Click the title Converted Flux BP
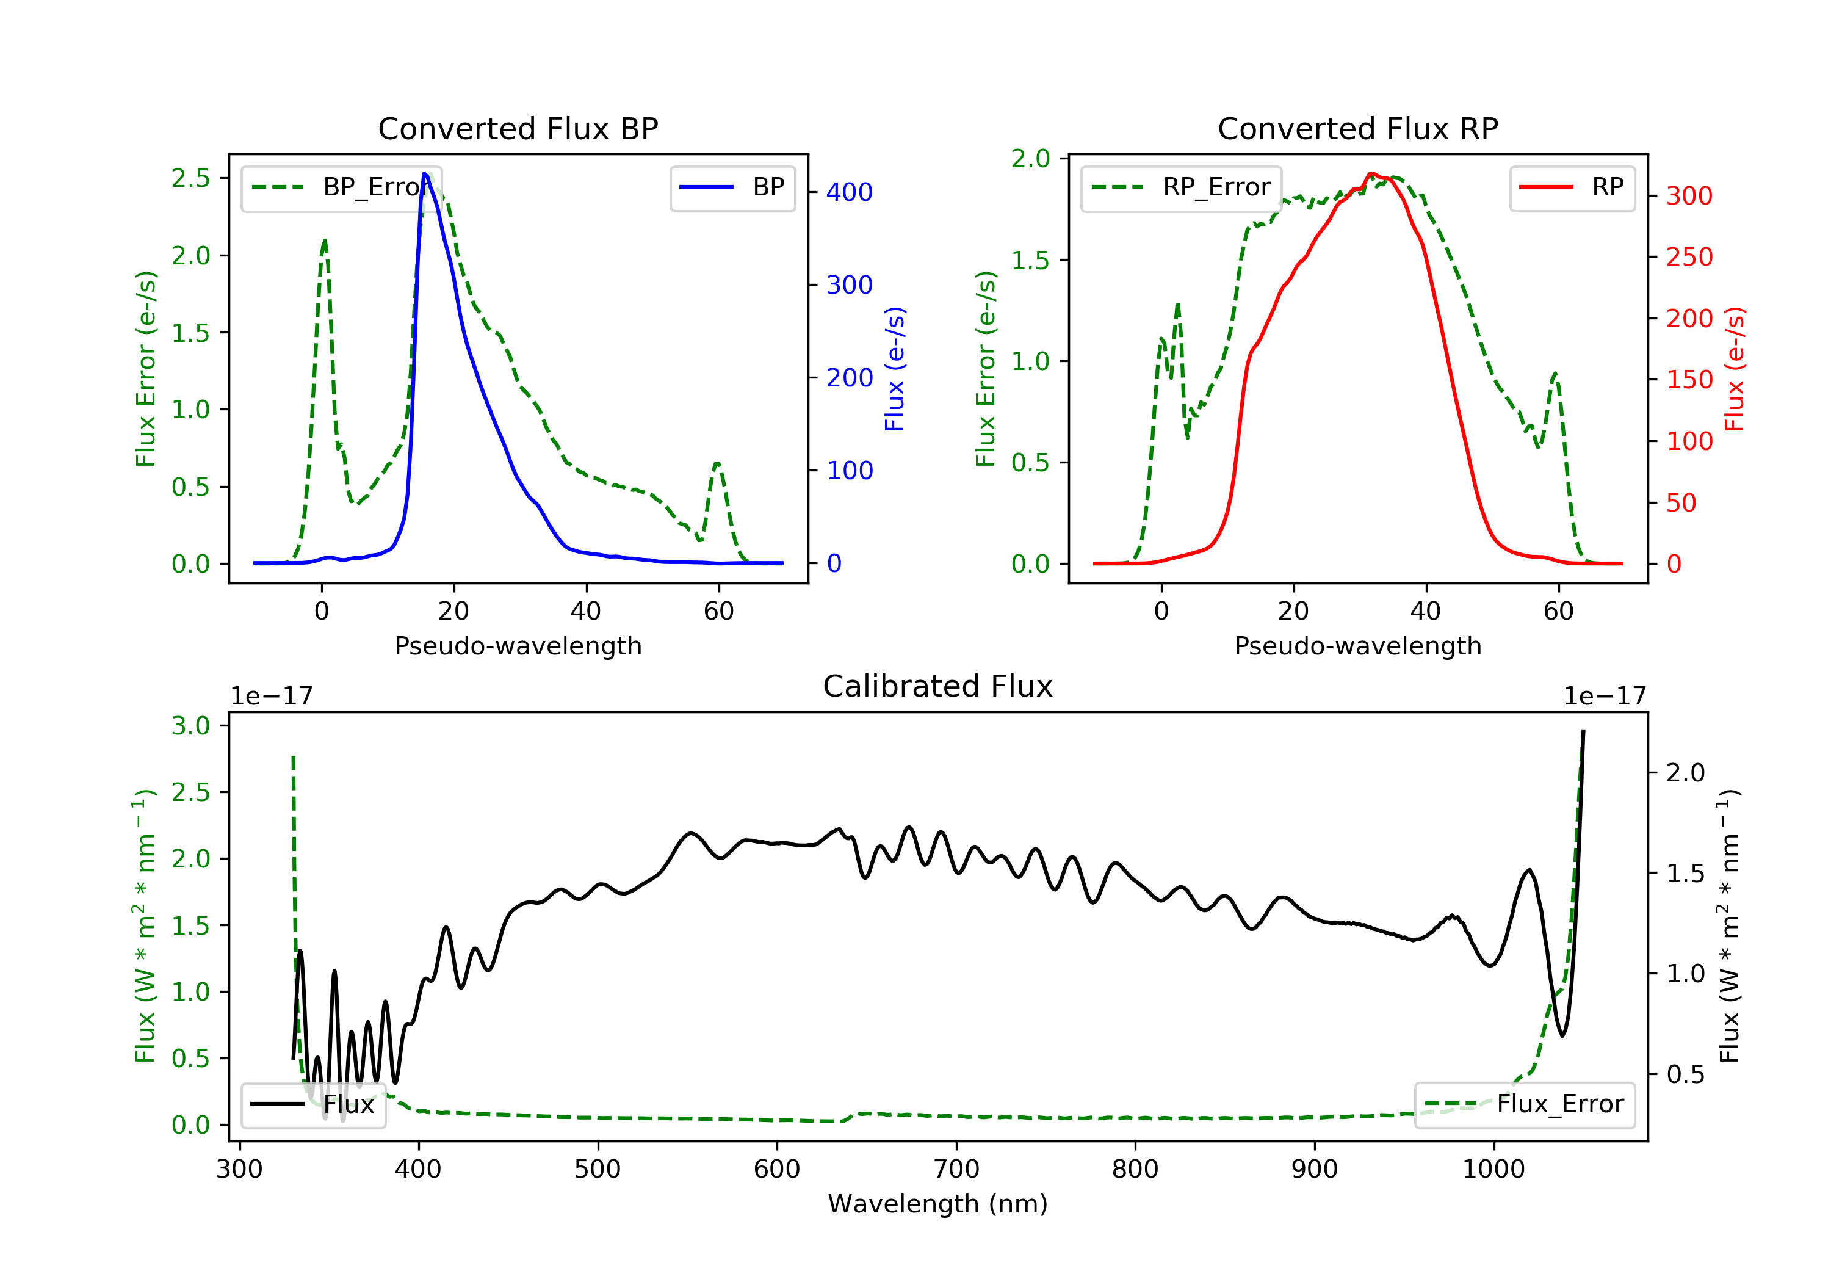click(518, 128)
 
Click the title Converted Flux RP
click(1358, 128)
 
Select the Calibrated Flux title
click(938, 686)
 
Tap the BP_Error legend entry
click(341, 187)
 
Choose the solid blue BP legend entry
click(732, 187)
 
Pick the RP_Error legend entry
click(1181, 187)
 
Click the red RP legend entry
click(1572, 187)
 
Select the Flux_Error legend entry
click(1524, 1104)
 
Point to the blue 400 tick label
click(850, 192)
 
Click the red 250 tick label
click(1689, 257)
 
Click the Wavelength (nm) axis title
click(938, 1204)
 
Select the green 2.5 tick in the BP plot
click(190, 178)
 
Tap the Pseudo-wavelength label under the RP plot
click(1358, 645)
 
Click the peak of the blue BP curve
click(425, 173)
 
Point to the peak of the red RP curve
click(1371, 173)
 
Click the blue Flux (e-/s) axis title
click(895, 369)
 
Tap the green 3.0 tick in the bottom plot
click(190, 725)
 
